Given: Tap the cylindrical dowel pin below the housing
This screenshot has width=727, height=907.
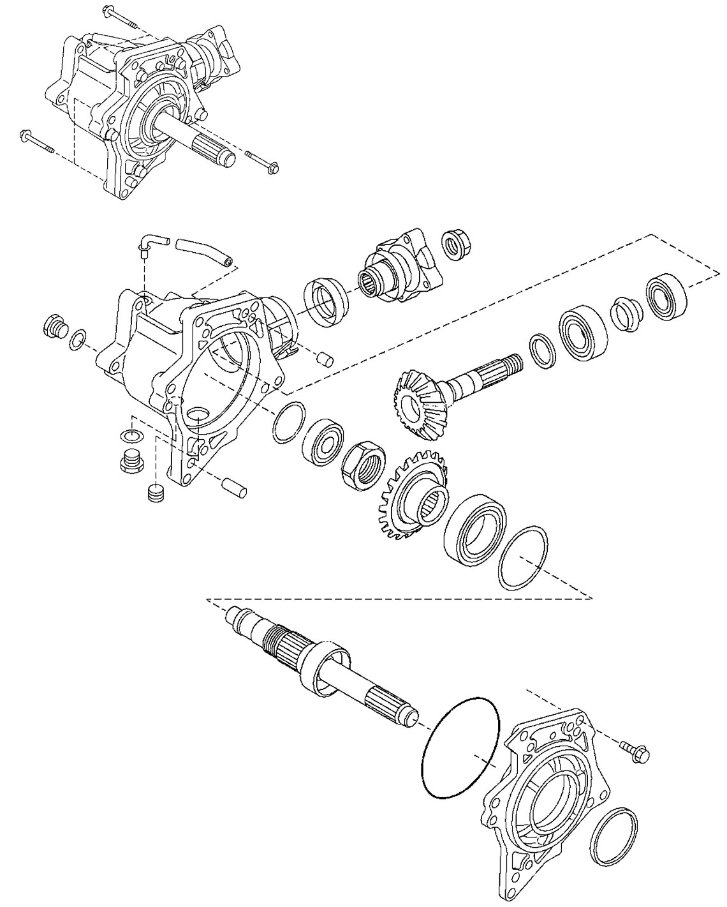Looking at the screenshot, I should pos(235,485).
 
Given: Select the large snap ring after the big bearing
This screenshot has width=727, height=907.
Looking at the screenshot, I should pos(522,558).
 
